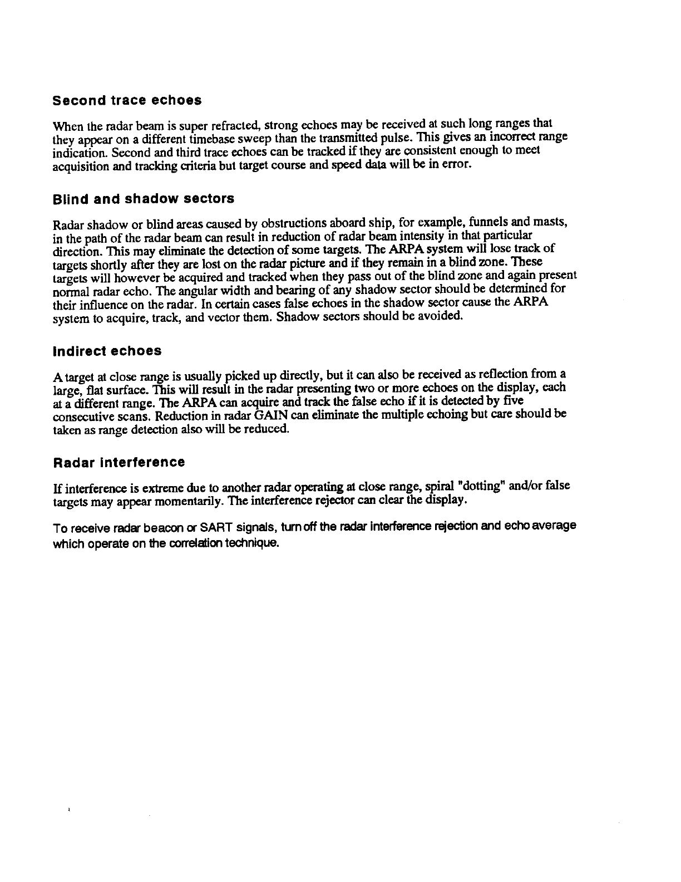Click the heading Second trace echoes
click(127, 101)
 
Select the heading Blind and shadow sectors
click(143, 199)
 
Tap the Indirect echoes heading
click(107, 351)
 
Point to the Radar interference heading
click(119, 462)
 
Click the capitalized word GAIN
click(271, 416)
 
